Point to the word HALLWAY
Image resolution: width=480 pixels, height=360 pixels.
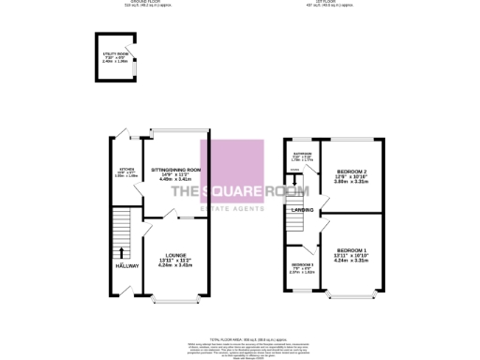click(126, 266)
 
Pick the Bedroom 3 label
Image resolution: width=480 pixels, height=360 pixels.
click(302, 266)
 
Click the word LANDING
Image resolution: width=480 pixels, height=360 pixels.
click(303, 211)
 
